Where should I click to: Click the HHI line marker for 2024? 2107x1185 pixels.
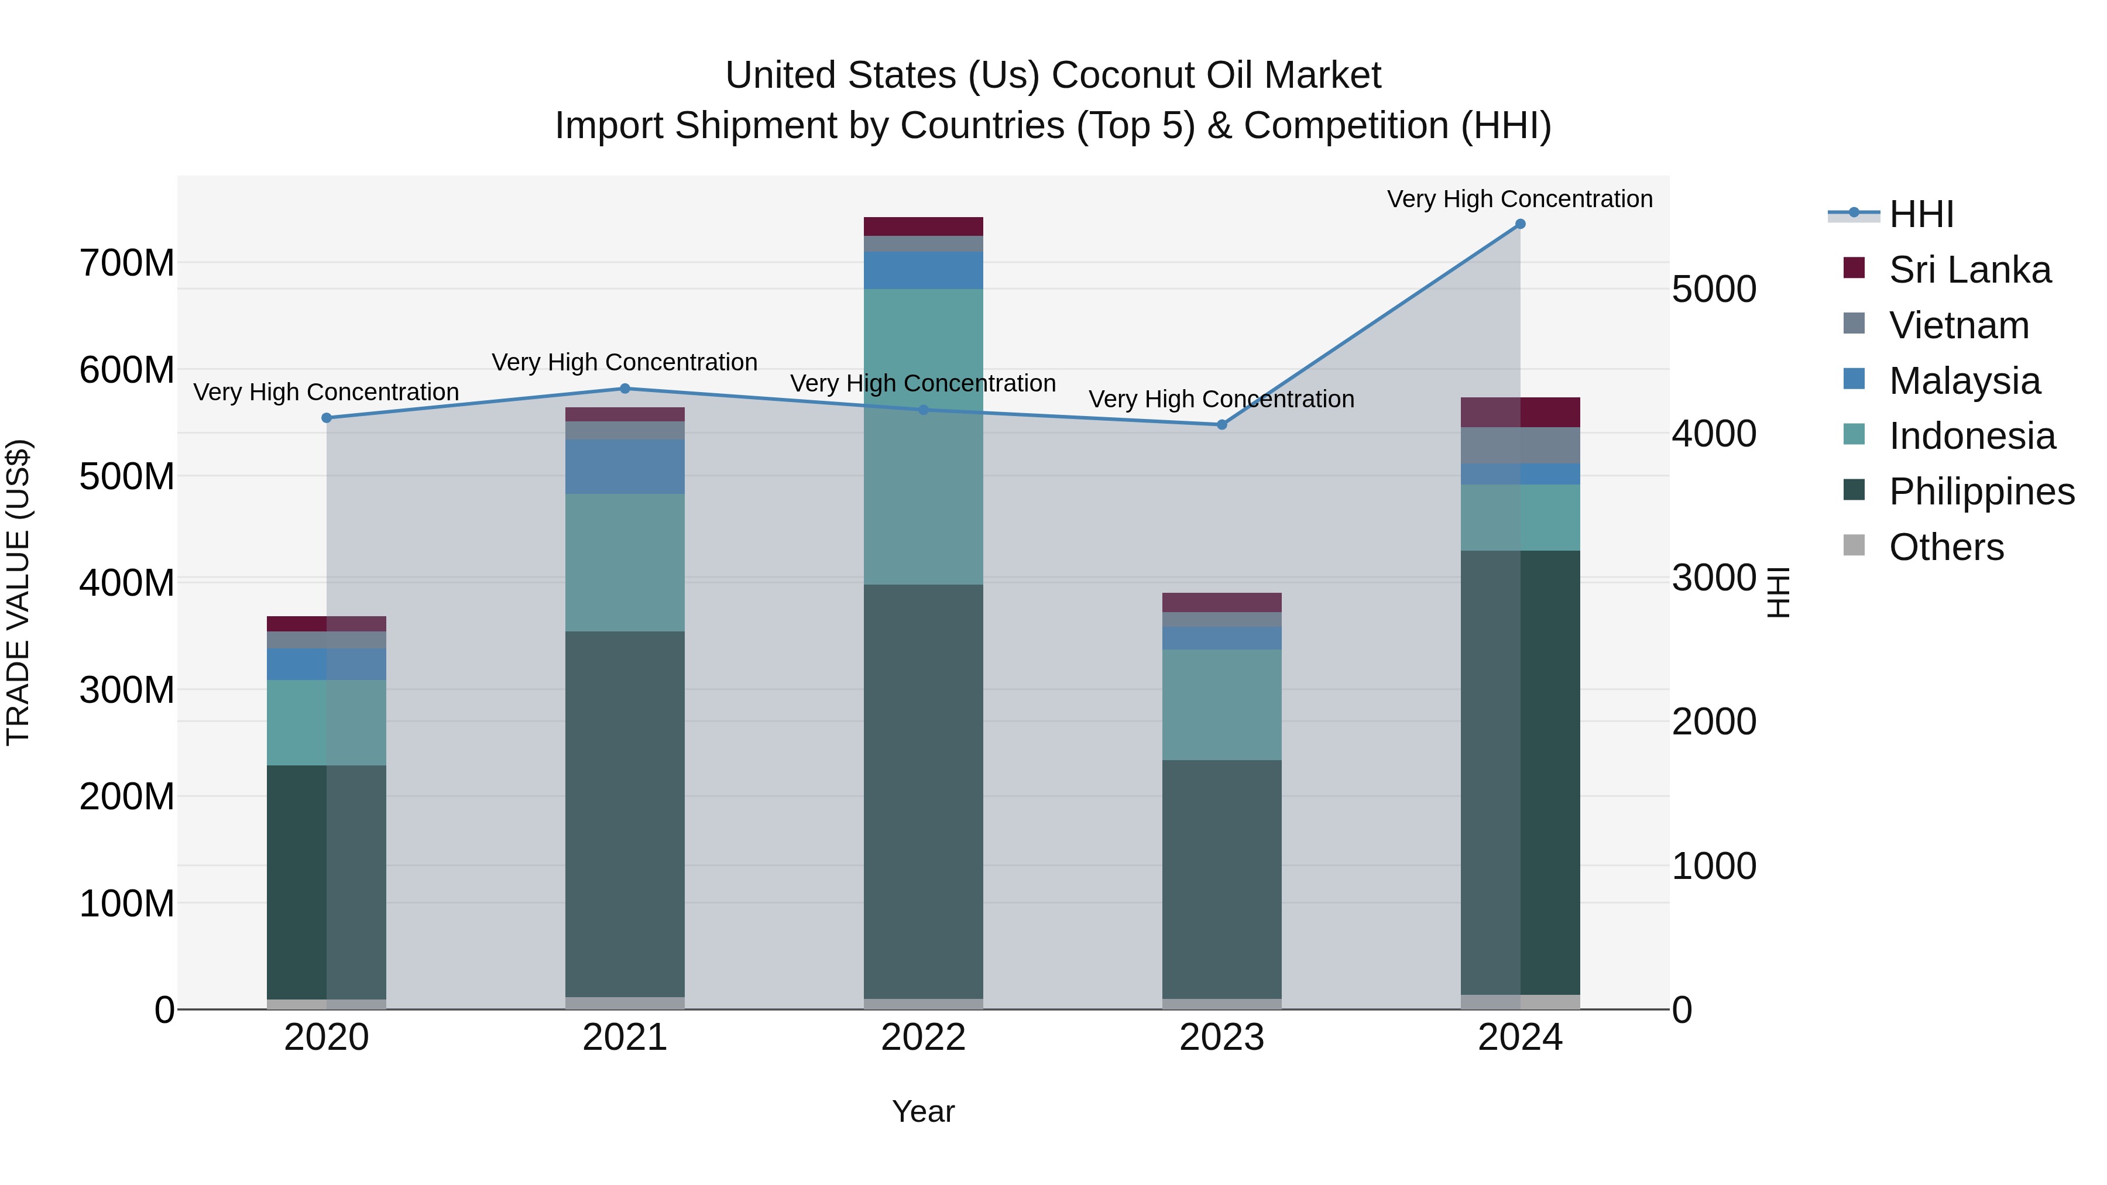click(1520, 224)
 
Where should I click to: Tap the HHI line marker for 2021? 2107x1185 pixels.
click(625, 389)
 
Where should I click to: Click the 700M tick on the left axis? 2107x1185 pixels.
click(127, 263)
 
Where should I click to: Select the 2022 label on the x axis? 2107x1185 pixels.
click(924, 1038)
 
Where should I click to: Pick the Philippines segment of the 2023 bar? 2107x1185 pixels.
click(1222, 879)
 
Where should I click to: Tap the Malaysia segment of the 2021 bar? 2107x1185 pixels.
click(625, 466)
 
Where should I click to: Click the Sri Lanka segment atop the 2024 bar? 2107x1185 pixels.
click(1520, 412)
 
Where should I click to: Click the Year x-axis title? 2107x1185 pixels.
click(924, 1111)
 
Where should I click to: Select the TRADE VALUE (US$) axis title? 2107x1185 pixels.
click(19, 593)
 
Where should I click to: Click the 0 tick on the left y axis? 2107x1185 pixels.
click(164, 1010)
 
